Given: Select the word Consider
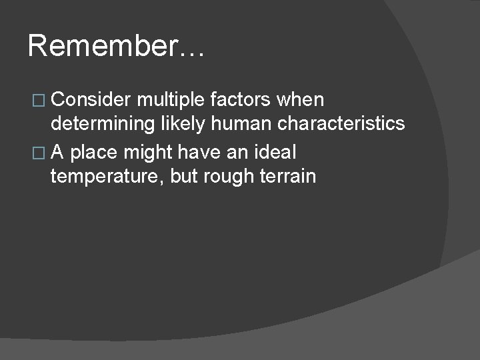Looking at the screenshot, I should click(x=91, y=100).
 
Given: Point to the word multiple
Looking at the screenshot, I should click(x=171, y=100).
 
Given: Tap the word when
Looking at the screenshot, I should click(x=300, y=100).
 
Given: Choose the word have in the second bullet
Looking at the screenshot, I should click(x=203, y=152).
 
